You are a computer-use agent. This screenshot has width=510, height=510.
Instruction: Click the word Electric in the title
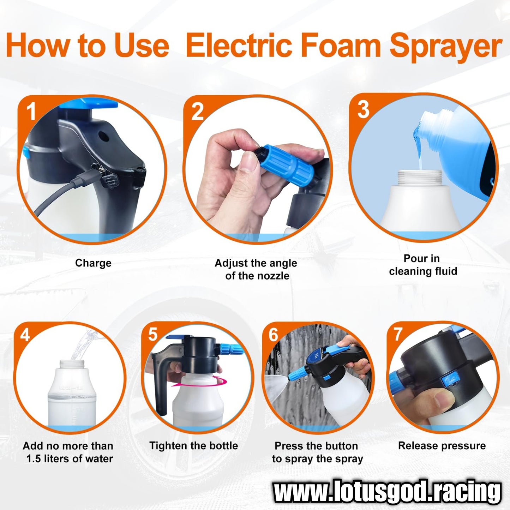pos(239,45)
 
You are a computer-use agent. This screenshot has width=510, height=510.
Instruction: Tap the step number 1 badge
pos(31,111)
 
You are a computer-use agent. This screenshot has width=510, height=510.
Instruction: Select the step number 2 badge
pos(197,111)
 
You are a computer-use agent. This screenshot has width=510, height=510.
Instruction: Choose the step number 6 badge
pos(274,335)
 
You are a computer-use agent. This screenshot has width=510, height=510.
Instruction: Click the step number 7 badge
pos(398,334)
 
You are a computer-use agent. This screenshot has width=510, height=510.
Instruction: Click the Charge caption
pos(93,263)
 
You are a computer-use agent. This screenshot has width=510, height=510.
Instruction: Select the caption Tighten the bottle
pos(193,445)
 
